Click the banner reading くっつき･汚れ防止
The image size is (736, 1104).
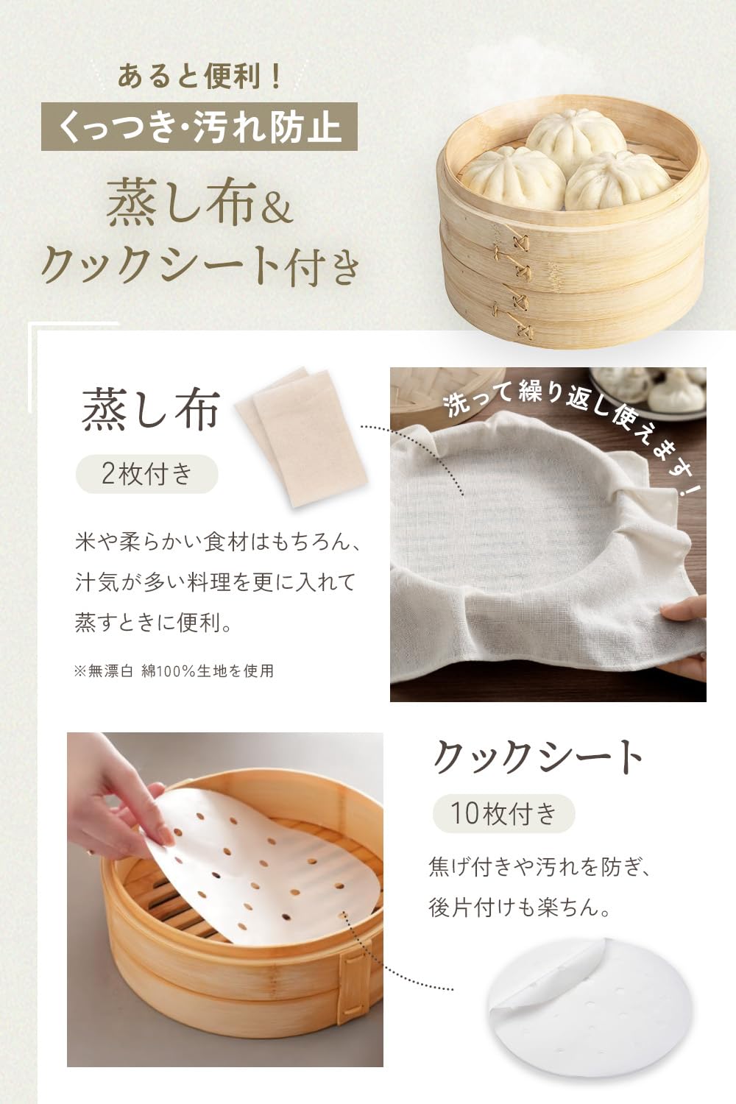point(199,127)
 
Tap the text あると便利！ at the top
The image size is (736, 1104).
point(200,77)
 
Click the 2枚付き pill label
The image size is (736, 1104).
point(146,474)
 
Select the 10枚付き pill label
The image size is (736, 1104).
point(503,814)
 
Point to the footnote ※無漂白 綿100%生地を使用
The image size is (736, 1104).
point(174,670)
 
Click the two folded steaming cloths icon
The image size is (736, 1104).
point(302,436)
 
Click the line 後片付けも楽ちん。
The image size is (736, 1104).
point(520,907)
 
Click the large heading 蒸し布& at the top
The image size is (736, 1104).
point(199,202)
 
